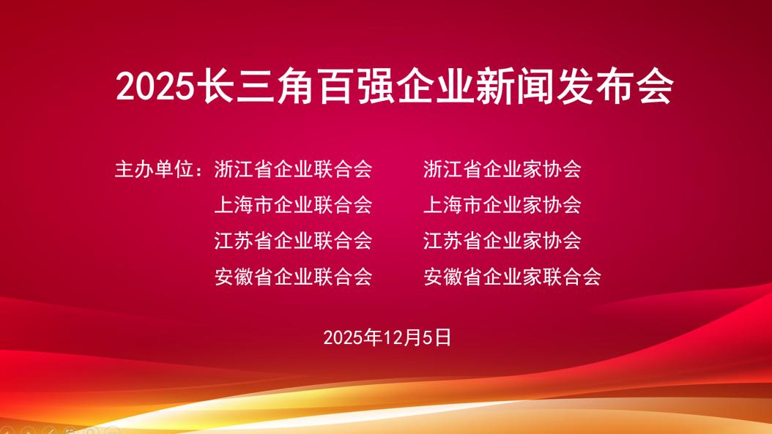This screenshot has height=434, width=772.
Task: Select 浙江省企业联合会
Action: [x=293, y=169]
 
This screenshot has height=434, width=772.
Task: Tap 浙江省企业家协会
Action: [x=502, y=169]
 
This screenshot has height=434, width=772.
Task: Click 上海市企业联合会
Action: [x=293, y=204]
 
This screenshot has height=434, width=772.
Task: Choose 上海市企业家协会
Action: [x=502, y=204]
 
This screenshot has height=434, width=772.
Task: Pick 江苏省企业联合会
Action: [x=293, y=239]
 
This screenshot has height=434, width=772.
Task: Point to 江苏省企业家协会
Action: [x=502, y=239]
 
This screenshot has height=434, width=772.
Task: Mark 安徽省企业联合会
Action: [x=293, y=277]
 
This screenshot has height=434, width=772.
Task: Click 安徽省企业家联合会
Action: [x=512, y=277]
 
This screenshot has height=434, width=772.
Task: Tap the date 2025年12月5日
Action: [x=387, y=337]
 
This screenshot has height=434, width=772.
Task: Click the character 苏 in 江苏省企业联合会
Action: [x=243, y=239]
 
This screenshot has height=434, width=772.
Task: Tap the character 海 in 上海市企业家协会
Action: [x=453, y=204]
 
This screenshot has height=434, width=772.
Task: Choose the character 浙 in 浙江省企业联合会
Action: [x=223, y=169]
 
